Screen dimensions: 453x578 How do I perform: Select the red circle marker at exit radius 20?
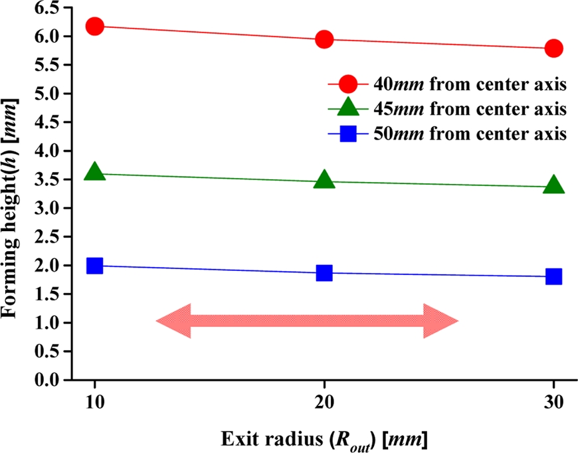pyautogui.click(x=324, y=39)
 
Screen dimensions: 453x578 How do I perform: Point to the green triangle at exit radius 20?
pyautogui.click(x=324, y=180)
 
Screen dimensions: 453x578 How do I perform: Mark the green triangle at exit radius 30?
pyautogui.click(x=553, y=185)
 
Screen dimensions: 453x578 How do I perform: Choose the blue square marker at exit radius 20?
pyautogui.click(x=324, y=273)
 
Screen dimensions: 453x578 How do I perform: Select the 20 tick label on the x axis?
pyautogui.click(x=324, y=403)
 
